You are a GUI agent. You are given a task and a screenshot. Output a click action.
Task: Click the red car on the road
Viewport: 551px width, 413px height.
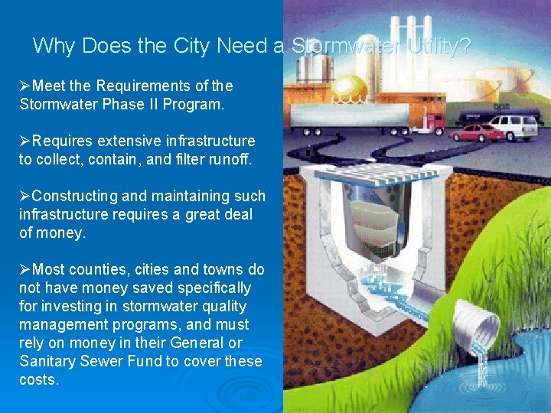476,132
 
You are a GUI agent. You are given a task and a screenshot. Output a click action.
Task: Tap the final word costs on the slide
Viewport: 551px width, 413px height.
38,379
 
